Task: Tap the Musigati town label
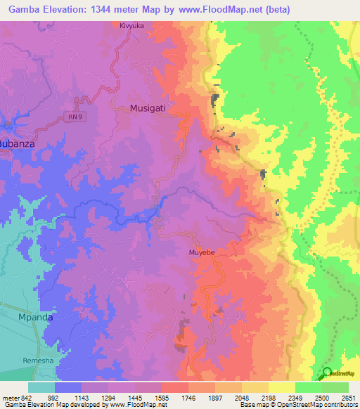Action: (x=149, y=108)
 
